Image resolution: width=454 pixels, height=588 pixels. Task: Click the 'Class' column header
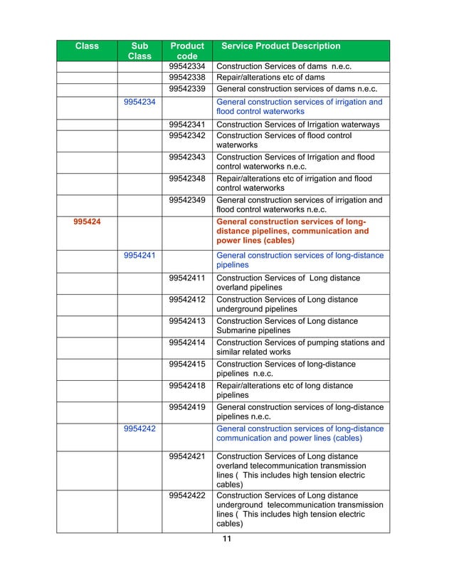87,46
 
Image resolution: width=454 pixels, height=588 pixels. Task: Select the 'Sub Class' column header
139,51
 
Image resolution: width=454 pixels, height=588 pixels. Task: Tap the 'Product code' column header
186,51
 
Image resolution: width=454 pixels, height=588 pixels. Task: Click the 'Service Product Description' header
281,46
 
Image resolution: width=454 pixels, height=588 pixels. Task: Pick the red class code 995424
87,221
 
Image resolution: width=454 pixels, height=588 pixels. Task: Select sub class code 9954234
140,102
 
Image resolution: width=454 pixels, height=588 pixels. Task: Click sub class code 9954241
140,256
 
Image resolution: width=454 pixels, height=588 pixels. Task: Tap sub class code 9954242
140,429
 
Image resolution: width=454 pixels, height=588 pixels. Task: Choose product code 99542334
187,67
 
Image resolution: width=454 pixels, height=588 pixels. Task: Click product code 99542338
187,78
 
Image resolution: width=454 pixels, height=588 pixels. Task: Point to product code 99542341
187,125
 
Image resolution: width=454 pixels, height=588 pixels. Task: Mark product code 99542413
187,321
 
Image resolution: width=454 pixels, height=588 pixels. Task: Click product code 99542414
187,342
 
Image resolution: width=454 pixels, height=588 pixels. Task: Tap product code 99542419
187,407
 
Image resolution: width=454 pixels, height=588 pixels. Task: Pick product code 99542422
187,495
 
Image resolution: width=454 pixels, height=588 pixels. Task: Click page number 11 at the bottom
227,539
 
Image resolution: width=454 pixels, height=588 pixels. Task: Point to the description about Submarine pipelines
287,326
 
